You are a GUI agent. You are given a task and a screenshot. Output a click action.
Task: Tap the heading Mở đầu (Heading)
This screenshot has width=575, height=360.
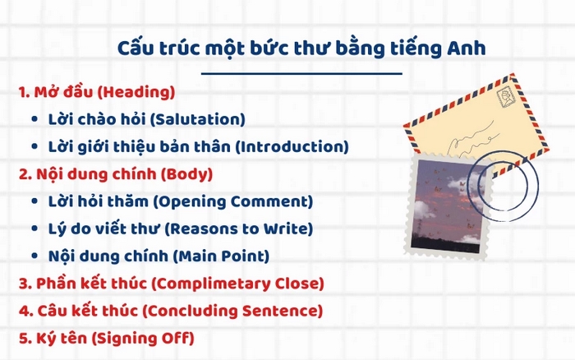(96, 92)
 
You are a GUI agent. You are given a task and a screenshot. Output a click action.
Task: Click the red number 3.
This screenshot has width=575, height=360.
(24, 284)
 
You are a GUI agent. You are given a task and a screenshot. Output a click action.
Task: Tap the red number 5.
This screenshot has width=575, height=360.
(24, 338)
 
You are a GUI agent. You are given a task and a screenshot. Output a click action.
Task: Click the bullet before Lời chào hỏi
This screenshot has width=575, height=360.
(34, 120)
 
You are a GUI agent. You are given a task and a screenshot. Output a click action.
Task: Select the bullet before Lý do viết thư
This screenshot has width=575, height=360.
(34, 229)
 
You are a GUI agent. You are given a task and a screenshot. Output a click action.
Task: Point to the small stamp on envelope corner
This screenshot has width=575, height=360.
(508, 95)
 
